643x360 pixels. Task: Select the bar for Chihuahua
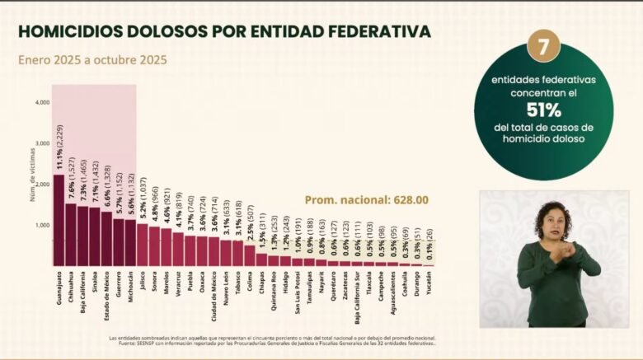[x=71, y=234]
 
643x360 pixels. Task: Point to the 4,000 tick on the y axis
[x=43, y=102]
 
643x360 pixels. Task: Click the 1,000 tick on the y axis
[x=43, y=224]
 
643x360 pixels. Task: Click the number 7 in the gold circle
[x=543, y=49]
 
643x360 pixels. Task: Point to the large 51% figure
[x=543, y=110]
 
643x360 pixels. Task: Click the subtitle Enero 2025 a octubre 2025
[x=92, y=59]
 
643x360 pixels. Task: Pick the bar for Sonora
[x=154, y=245]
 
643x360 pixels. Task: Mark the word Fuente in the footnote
[x=119, y=344]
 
